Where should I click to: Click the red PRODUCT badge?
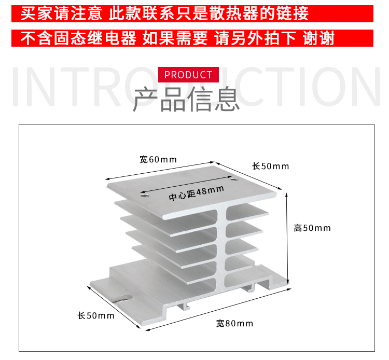coord(188,74)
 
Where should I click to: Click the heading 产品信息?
coord(186,99)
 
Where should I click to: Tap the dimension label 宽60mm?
coord(158,159)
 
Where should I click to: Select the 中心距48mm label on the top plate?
coord(196,193)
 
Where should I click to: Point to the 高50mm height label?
coord(312,228)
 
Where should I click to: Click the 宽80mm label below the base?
coord(234,324)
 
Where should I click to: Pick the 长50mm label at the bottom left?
coord(96,315)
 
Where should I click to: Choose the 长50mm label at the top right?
coord(271,166)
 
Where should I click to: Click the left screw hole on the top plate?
coord(144,196)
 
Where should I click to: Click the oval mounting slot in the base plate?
coord(123,298)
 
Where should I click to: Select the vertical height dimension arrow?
coord(287,239)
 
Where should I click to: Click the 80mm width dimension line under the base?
coord(218,310)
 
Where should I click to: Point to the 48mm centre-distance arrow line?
coord(186,184)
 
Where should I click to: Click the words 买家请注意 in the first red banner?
coord(61,13)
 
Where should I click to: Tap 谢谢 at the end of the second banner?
coord(318,38)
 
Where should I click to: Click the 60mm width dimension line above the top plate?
coord(160,171)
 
